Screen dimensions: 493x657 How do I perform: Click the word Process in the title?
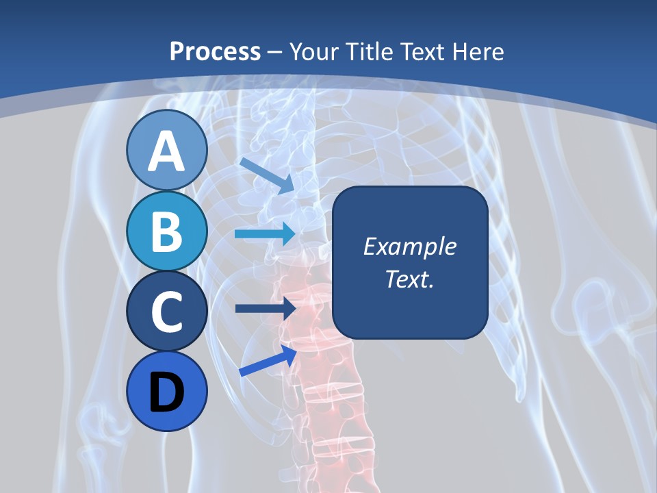[x=215, y=51]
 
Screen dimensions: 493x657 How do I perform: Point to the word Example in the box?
[x=409, y=246]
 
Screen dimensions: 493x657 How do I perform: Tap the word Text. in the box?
[x=409, y=279]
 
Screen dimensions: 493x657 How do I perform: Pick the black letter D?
[x=166, y=393]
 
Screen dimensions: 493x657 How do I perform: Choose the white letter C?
[x=166, y=312]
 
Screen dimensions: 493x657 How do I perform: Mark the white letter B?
[x=166, y=231]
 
